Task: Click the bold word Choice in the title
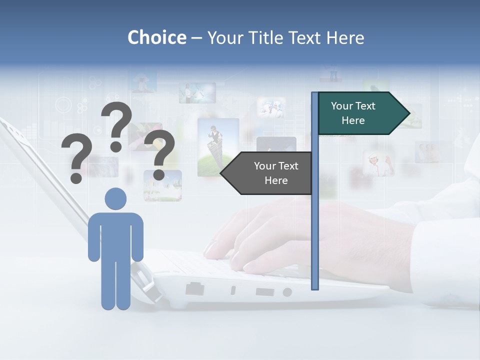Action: [156, 37]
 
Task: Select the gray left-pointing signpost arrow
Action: [267, 173]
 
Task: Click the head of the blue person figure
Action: [115, 198]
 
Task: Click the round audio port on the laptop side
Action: [287, 292]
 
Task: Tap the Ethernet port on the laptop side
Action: [194, 288]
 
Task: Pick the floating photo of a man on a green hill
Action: [218, 147]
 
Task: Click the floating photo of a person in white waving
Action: [378, 163]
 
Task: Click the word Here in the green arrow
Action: [353, 120]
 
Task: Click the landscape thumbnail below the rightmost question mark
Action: [162, 185]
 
